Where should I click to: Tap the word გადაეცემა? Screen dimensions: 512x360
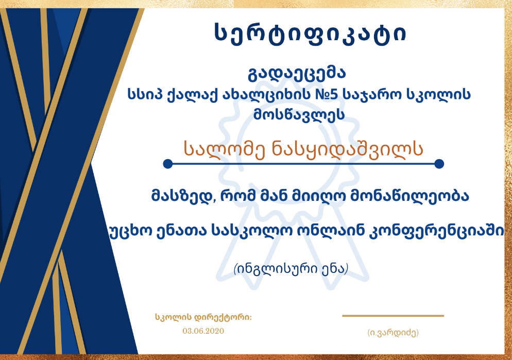(x=297, y=74)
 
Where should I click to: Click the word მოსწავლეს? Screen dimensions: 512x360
(x=299, y=114)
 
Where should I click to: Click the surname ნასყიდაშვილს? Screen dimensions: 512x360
(x=348, y=150)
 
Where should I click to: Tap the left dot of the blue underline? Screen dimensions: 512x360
(x=168, y=164)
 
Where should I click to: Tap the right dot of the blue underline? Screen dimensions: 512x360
(x=439, y=164)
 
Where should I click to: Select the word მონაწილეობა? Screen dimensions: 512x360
(x=409, y=196)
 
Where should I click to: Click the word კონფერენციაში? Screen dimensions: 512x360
(x=436, y=231)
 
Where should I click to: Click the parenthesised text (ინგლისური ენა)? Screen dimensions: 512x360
(x=291, y=269)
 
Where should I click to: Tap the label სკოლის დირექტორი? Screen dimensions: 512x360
(x=203, y=317)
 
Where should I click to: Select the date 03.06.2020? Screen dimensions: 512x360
(x=203, y=331)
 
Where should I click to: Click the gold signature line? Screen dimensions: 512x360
(x=393, y=316)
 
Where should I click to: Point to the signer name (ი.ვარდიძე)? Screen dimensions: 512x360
(x=393, y=333)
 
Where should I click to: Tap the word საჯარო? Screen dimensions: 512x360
(x=372, y=95)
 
